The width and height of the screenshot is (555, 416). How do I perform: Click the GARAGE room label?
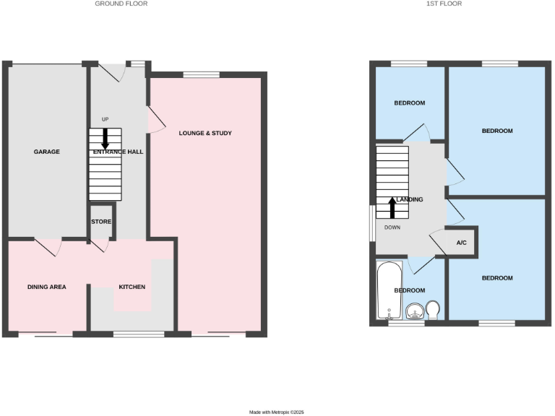[x=46, y=152]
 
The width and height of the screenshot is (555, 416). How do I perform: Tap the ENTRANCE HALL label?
[x=117, y=152]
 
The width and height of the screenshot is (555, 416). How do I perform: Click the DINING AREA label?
[x=46, y=287]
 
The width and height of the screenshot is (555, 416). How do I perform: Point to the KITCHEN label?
[x=132, y=287]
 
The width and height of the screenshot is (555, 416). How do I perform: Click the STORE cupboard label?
[x=101, y=222]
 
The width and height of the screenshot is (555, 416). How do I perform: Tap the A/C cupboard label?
[x=462, y=243]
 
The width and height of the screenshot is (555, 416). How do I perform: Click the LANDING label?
[x=409, y=199]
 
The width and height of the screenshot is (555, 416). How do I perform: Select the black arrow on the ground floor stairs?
[x=106, y=138]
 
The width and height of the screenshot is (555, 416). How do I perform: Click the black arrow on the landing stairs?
[x=392, y=207]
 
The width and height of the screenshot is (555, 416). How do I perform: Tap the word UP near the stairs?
[x=106, y=119]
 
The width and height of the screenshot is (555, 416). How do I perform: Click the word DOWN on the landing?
[x=392, y=227]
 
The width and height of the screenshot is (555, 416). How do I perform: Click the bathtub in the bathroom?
[x=389, y=291]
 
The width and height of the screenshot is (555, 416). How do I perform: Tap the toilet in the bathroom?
[x=434, y=311]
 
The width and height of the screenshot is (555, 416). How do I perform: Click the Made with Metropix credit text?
[x=277, y=412]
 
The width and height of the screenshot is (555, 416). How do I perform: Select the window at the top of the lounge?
[x=201, y=74]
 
